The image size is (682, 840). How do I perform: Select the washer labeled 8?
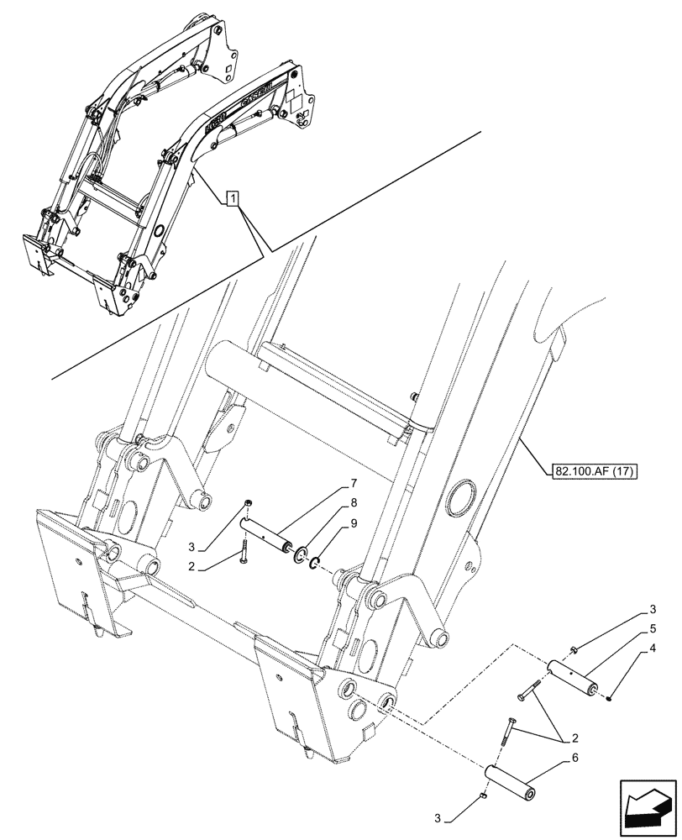click(x=299, y=555)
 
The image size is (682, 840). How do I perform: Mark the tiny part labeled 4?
click(x=611, y=696)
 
